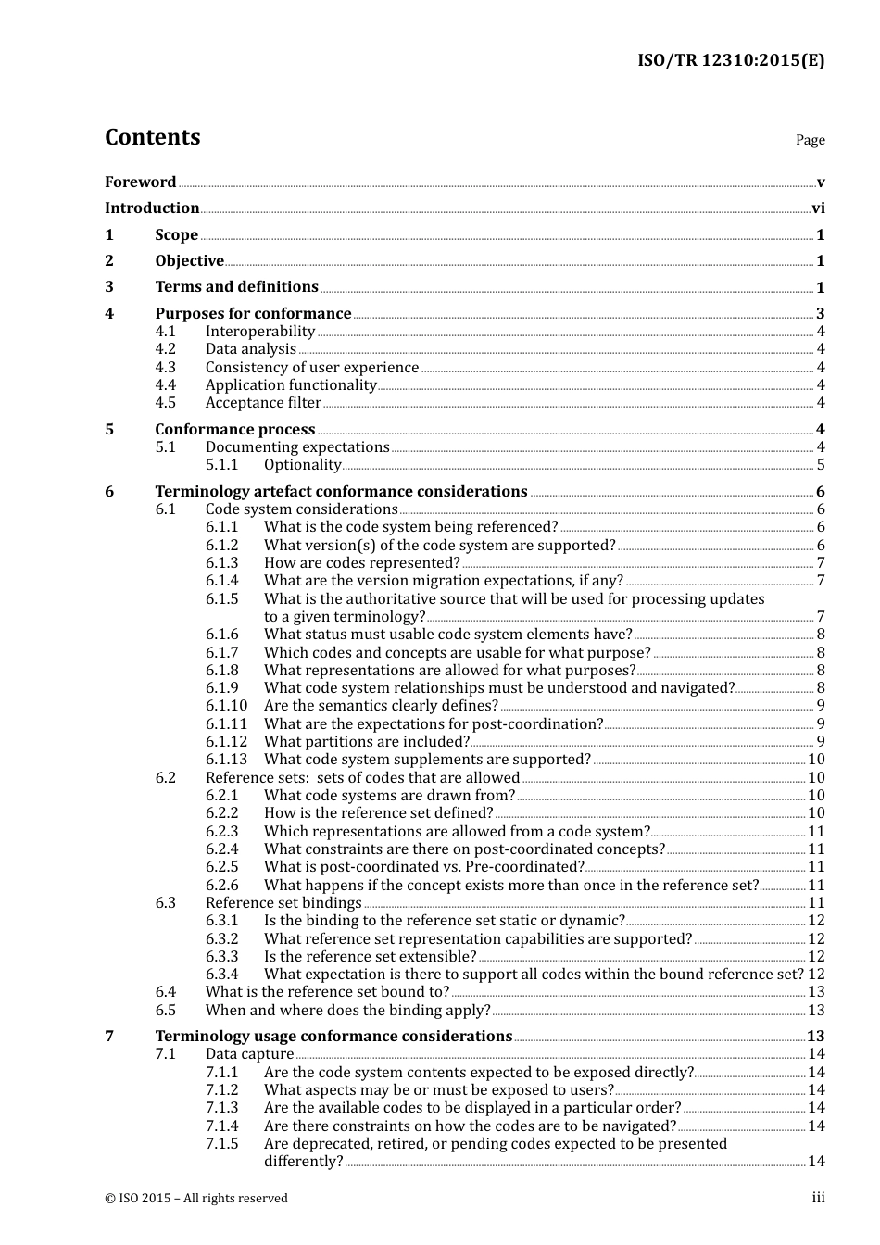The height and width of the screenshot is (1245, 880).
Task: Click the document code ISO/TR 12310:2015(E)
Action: (730, 61)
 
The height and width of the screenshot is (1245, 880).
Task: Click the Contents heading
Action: (152, 137)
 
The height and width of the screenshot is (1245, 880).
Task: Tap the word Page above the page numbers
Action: (810, 140)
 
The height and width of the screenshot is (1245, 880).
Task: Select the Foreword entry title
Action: (140, 182)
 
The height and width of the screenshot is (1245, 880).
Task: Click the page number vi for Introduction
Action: (818, 208)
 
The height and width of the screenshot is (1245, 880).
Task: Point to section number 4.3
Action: (165, 368)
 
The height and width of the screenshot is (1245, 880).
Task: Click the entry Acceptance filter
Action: (263, 403)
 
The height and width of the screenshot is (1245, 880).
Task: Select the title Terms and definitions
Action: (236, 287)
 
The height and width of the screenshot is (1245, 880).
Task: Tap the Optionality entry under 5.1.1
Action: (302, 465)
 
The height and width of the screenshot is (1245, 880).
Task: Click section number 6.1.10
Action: (226, 706)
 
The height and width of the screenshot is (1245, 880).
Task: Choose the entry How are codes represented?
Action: (361, 563)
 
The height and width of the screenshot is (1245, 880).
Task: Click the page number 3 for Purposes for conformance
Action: (820, 314)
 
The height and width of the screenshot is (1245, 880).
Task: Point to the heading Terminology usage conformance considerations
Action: (333, 1037)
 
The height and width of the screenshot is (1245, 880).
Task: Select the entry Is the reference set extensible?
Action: (370, 957)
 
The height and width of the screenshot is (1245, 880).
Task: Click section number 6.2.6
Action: (221, 886)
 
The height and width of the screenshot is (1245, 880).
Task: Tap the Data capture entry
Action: (249, 1054)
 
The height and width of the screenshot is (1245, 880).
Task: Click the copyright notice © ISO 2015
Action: (195, 1199)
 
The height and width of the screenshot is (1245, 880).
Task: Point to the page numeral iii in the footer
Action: (818, 1198)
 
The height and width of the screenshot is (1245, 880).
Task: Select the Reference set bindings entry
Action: (283, 903)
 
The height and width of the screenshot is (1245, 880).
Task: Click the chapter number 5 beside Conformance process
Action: (109, 430)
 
